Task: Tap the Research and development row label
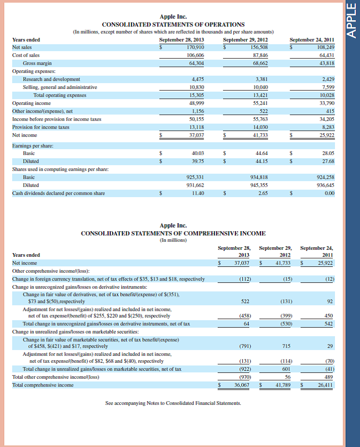(x=51, y=79)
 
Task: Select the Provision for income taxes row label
(x=41, y=127)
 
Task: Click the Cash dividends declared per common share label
(x=59, y=193)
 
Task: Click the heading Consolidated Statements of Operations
(x=173, y=25)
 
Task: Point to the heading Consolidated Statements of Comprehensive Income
(x=173, y=233)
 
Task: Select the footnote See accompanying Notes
(x=173, y=403)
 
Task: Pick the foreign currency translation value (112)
(x=245, y=279)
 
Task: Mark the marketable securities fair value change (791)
(x=245, y=346)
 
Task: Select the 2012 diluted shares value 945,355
(x=259, y=185)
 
